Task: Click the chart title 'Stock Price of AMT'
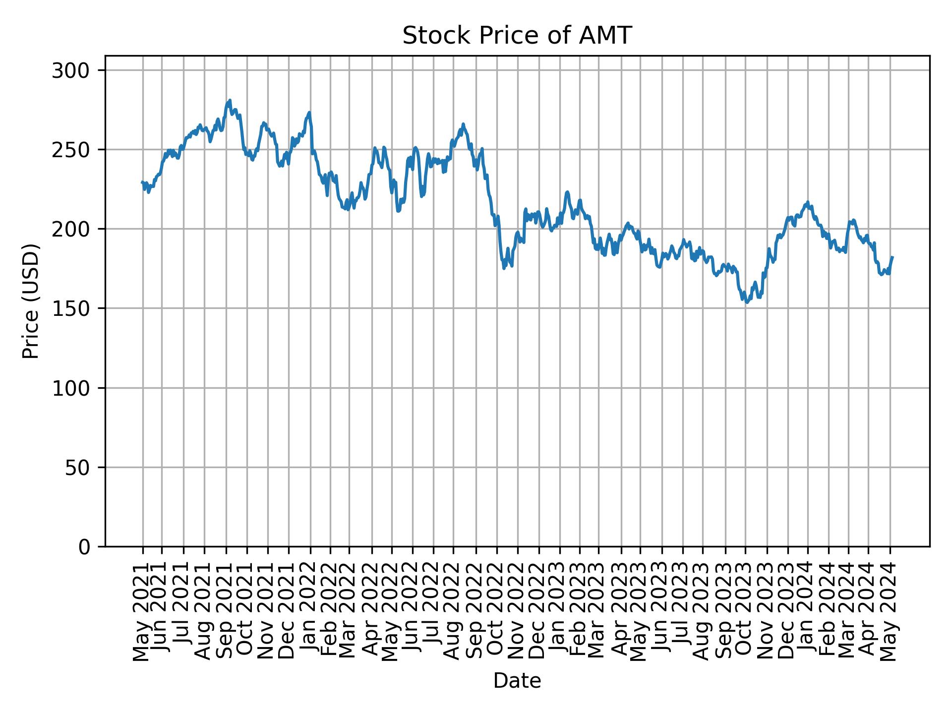(x=517, y=36)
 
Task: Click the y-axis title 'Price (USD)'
(x=31, y=300)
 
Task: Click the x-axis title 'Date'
(x=517, y=681)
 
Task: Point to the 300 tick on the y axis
(x=74, y=70)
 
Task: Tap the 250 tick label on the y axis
(x=74, y=150)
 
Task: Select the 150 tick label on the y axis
(x=74, y=308)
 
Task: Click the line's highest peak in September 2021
(x=230, y=100)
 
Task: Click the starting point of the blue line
(x=142, y=182)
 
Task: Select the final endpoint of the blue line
(x=892, y=257)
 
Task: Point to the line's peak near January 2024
(x=808, y=202)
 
